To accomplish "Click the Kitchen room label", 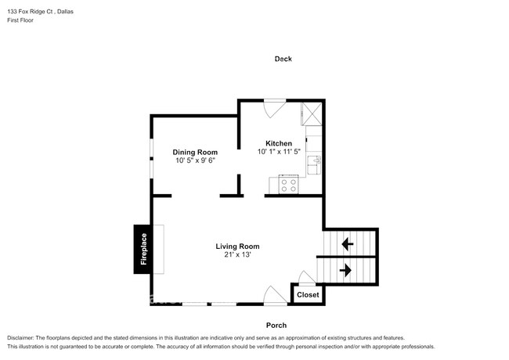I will pos(279,143).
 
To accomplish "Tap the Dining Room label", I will pos(195,152).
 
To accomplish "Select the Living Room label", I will pos(238,247).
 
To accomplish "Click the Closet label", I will pos(308,295).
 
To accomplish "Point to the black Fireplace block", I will pos(143,250).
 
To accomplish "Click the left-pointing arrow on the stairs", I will pos(347,244).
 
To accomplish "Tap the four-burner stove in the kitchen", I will pos(287,185).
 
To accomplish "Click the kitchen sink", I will pos(316,164).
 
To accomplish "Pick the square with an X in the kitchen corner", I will pos(312,114).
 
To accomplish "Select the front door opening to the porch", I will pos(275,296).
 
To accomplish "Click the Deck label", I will pos(283,59).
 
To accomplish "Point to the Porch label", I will pos(276,325).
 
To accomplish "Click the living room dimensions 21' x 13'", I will pos(238,255).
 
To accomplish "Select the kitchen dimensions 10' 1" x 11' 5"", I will pos(279,152).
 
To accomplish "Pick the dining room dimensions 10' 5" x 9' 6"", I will pos(195,160).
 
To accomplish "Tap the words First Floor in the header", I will pos(20,20).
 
